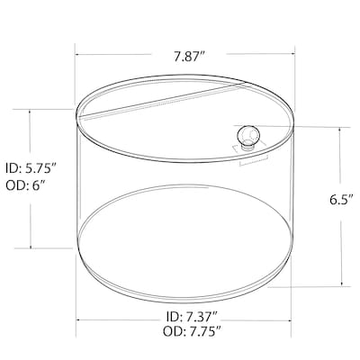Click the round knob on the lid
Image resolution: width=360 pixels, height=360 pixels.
[247, 137]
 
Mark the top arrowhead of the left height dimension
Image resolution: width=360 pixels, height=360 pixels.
[31, 112]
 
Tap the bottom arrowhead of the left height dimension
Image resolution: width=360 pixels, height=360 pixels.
[31, 247]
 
